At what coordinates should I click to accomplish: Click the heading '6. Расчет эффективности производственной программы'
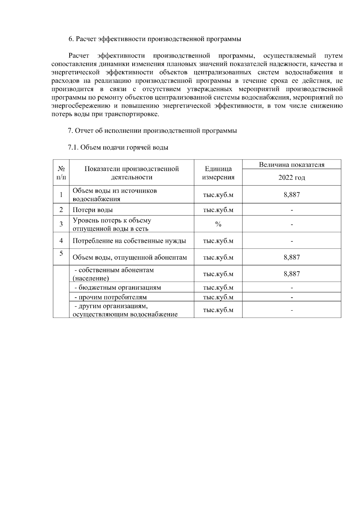tap(155, 39)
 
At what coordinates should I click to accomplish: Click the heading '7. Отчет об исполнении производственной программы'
tap(152, 131)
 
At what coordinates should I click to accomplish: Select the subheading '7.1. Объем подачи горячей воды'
tap(118, 147)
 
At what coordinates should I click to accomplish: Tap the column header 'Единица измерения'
tap(218, 173)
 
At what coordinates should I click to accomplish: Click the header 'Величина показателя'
tap(292, 165)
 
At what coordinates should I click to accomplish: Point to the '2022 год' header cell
tap(292, 177)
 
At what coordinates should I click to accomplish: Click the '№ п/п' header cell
tap(61, 173)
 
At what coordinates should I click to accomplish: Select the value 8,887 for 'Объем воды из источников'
tap(292, 195)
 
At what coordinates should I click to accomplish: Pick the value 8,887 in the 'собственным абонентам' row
tap(292, 274)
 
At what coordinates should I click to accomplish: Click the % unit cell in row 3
tap(218, 224)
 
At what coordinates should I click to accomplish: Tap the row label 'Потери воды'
tap(93, 210)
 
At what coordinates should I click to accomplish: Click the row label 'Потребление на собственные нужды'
tap(129, 241)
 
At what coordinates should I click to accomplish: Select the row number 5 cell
tap(61, 254)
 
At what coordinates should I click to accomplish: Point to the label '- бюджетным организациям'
tap(118, 287)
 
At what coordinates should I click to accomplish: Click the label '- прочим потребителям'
tap(111, 297)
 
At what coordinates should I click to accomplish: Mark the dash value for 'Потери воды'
tap(292, 210)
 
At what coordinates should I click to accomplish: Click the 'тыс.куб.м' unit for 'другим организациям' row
tap(218, 310)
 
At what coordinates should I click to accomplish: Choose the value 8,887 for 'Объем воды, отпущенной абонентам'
tap(292, 257)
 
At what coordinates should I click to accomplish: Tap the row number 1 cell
tap(61, 195)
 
